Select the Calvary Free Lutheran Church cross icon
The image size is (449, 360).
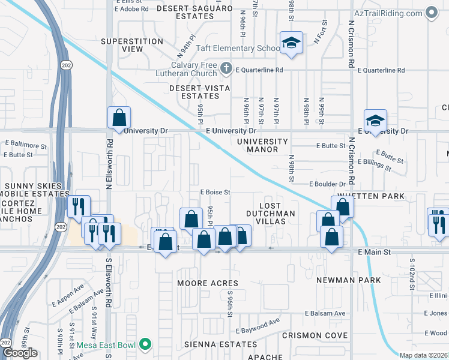[x=226, y=68]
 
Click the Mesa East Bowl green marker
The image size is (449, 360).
[x=144, y=344]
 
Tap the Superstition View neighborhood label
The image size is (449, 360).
[x=132, y=46]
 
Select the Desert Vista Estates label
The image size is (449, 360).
[x=196, y=92]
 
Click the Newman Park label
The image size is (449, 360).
[x=349, y=280]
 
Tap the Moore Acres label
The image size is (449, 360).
[x=208, y=283]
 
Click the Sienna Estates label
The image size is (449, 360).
[x=211, y=344]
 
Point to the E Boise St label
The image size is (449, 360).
[x=215, y=192]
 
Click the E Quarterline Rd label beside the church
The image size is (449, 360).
[x=259, y=70]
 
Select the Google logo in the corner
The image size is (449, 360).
[x=20, y=353]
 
